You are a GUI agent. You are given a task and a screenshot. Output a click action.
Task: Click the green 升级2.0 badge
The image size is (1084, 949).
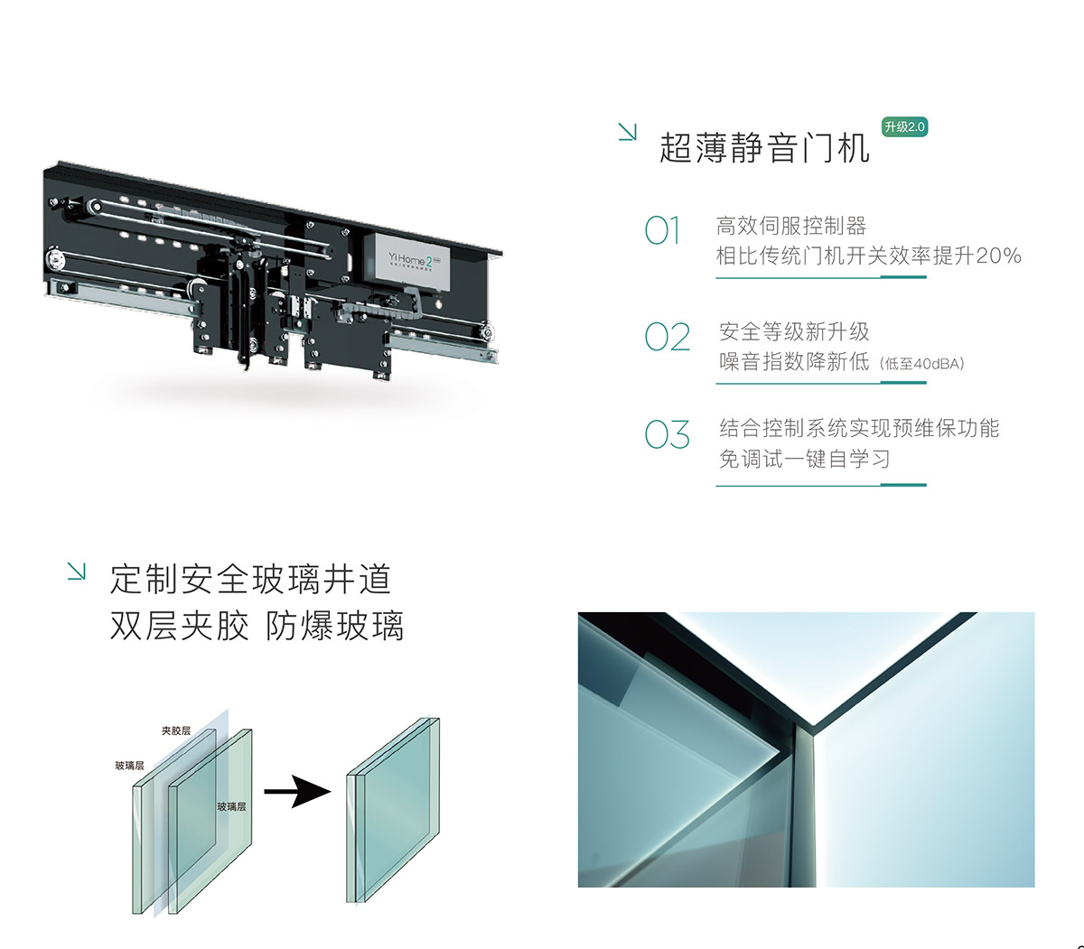point(904,127)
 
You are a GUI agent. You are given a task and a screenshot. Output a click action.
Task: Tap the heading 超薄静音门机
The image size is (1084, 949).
point(764,147)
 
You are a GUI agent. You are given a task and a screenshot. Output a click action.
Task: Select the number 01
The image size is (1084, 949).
point(662,230)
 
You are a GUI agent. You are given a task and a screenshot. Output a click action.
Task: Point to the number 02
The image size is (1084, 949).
point(667,337)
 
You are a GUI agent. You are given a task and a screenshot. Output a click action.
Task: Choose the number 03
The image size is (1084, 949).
point(667,434)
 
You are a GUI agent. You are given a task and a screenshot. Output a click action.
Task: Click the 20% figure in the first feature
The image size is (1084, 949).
point(998,256)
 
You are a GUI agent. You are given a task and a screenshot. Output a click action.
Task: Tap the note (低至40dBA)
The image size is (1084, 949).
point(921,364)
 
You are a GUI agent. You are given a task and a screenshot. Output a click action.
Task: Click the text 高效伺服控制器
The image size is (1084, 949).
point(791,226)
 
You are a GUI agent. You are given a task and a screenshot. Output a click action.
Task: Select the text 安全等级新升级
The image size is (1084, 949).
point(794,331)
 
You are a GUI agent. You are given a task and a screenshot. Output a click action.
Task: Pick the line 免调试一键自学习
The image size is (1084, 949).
point(804,459)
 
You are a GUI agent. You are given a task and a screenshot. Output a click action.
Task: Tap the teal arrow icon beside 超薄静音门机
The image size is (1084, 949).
point(627,132)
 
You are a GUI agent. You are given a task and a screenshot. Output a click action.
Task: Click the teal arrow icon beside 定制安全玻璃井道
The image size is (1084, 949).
point(76,571)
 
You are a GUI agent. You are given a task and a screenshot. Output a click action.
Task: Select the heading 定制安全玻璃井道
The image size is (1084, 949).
point(250,580)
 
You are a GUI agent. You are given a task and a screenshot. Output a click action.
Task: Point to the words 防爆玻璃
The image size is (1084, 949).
point(335,626)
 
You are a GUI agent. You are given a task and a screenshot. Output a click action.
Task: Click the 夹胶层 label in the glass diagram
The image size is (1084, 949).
point(176,730)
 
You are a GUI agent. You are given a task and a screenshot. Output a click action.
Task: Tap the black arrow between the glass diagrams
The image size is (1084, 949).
point(297,792)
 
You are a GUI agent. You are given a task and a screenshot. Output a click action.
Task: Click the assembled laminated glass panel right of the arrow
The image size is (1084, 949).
point(393,810)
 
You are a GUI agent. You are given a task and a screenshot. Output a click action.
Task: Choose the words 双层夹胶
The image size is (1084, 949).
point(179,626)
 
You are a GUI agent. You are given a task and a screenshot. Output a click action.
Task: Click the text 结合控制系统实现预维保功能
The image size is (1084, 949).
point(859,428)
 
